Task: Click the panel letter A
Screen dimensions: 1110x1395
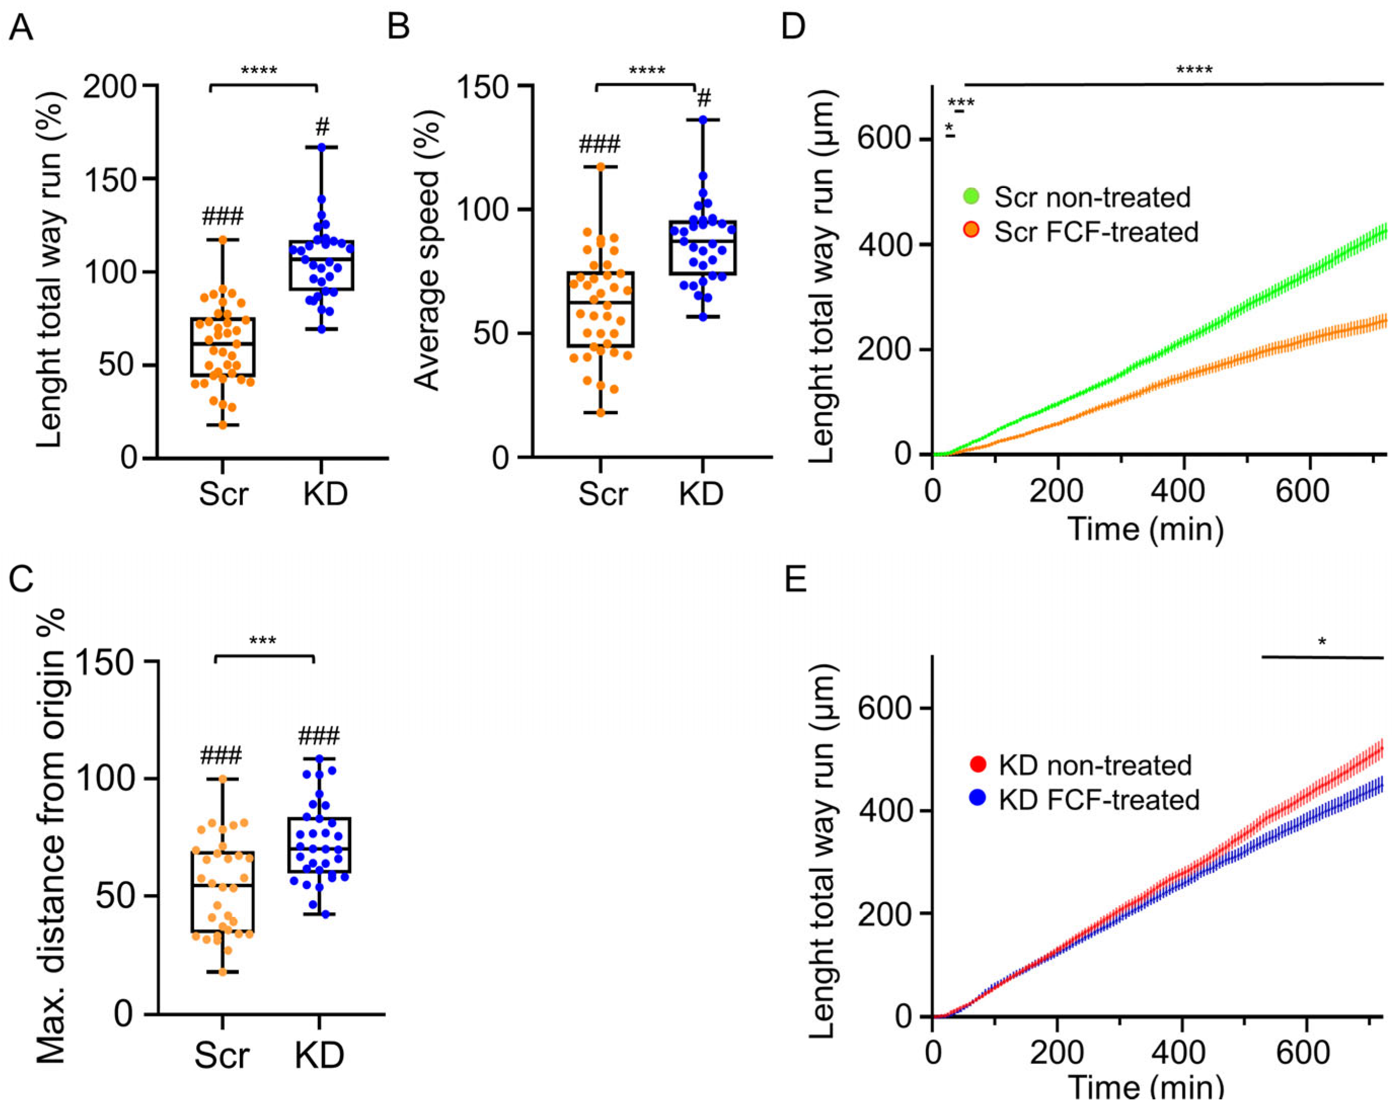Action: point(21,29)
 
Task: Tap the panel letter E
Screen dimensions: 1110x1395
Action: point(795,580)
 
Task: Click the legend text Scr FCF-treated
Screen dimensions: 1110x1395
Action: point(1096,232)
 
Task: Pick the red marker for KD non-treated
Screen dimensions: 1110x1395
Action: point(978,764)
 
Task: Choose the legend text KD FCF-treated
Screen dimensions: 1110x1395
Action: point(1098,800)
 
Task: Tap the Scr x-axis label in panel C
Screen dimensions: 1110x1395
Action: point(222,1056)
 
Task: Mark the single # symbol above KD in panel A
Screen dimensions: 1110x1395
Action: point(322,127)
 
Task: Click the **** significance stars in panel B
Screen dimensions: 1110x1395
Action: point(646,70)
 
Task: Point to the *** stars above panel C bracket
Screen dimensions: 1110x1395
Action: point(263,641)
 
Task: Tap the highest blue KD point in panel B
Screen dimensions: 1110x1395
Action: point(703,120)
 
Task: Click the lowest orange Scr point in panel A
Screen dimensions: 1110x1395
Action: point(223,425)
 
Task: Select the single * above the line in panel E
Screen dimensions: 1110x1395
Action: point(1322,642)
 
